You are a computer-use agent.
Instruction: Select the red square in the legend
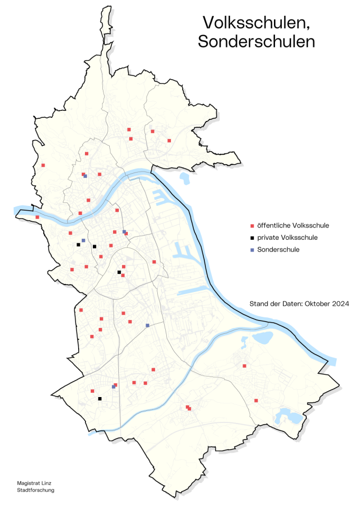pos(252,225)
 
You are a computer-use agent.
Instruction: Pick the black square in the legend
pos(252,238)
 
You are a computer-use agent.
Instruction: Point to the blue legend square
pos(252,250)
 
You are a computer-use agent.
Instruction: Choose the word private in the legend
pos(269,238)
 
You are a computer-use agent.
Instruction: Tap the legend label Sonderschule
pos(278,250)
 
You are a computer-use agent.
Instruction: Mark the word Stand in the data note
pos(258,304)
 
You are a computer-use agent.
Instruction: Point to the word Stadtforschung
pos(36,490)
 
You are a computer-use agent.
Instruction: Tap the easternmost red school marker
pos(256,401)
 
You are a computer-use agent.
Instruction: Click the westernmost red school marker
pos(37,217)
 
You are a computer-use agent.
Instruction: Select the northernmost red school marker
pos(128,129)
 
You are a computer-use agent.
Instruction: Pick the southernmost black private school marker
pos(99,399)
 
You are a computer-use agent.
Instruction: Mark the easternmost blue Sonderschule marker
pos(147,325)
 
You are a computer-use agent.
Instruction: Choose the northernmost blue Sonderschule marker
pos(85,176)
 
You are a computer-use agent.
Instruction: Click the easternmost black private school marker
pos(119,272)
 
